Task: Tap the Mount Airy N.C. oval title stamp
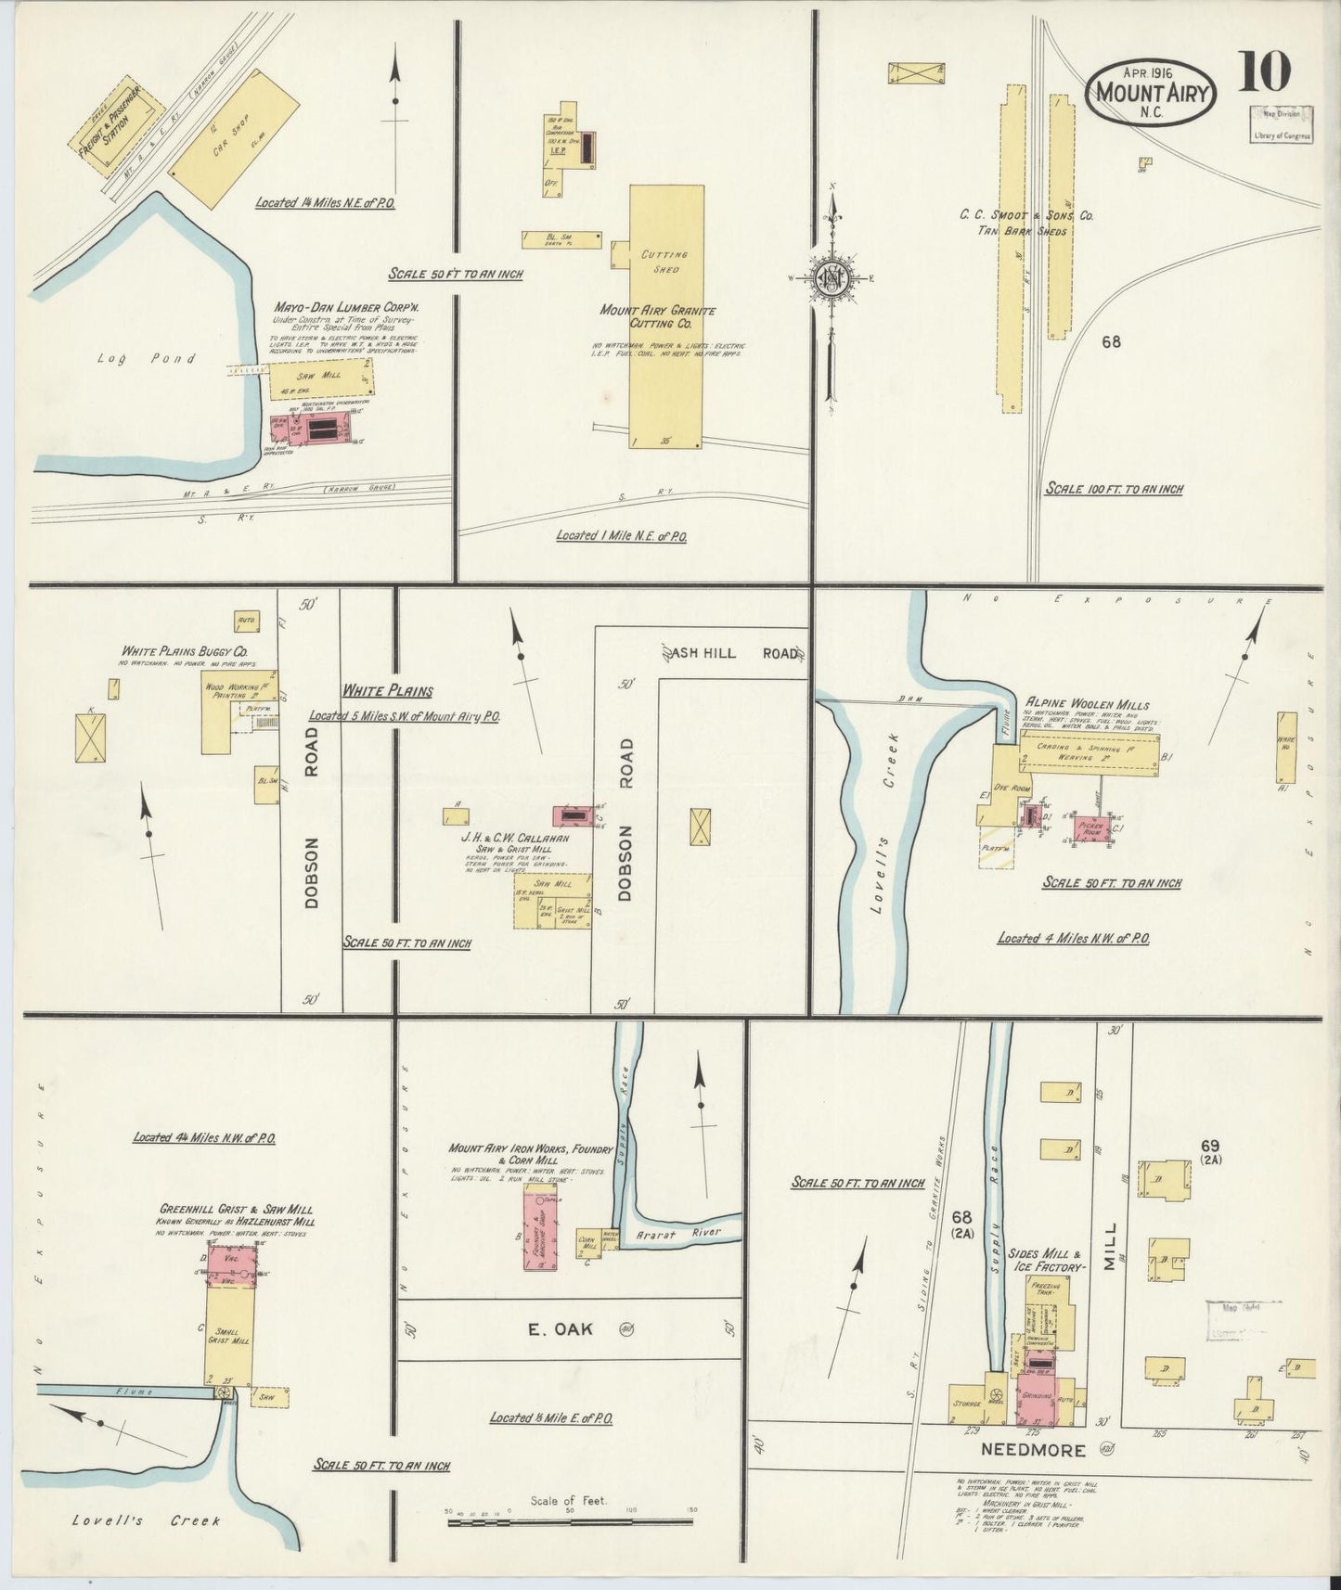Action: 1150,94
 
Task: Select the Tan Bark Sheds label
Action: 1025,231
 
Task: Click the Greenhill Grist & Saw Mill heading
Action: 235,1209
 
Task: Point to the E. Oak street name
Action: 560,1328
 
